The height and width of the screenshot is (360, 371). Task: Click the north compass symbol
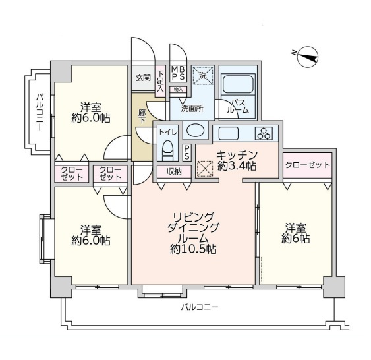307,57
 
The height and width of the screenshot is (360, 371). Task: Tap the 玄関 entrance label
143,77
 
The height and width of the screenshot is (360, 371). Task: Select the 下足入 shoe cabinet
160,81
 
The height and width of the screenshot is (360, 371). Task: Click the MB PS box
179,73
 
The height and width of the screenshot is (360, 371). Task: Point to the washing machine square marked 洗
203,75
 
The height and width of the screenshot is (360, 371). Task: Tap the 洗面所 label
192,108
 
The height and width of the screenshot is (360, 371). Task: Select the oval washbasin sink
196,130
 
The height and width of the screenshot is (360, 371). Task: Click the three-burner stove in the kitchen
264,133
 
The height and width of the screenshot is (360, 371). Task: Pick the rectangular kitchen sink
228,133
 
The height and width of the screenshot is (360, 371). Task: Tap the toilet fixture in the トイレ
168,150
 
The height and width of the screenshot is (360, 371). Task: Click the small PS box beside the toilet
186,152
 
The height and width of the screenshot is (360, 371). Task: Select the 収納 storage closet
174,172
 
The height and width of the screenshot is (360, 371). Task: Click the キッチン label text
237,155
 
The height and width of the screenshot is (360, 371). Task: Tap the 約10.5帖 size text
193,249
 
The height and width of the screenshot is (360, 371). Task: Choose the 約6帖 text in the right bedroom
295,239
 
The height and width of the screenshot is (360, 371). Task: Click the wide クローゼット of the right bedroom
307,165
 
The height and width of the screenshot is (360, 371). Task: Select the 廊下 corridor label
142,117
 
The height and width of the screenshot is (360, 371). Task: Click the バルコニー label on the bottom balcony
200,307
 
